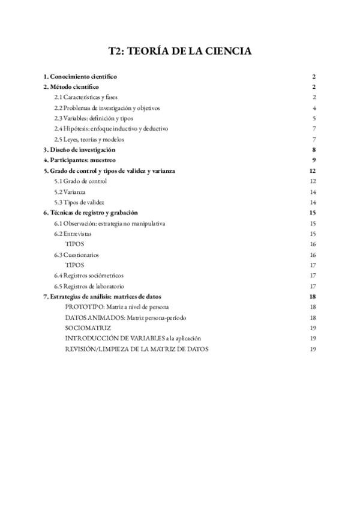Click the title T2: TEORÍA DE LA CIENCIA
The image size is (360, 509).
click(x=180, y=52)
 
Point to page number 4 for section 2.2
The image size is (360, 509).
click(x=314, y=108)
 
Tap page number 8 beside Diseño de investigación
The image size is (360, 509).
click(x=314, y=149)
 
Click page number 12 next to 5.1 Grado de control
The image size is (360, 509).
click(x=313, y=181)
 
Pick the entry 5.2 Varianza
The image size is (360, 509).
click(x=70, y=191)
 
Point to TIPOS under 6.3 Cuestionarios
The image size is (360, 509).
click(x=74, y=265)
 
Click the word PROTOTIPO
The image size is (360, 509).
click(x=83, y=307)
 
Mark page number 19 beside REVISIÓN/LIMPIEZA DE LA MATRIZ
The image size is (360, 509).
click(x=313, y=349)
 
